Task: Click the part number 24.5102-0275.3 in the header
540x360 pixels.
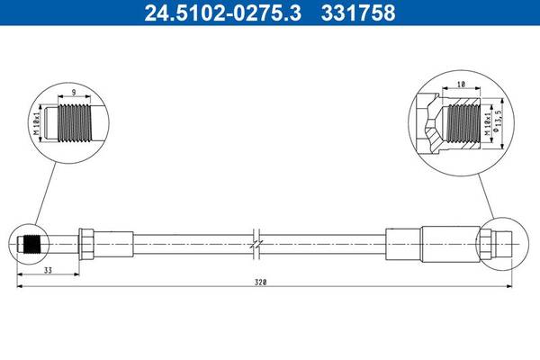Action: click(x=223, y=13)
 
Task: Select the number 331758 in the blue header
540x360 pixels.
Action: click(x=358, y=13)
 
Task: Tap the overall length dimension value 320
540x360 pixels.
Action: click(x=261, y=282)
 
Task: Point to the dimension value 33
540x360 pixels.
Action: click(x=48, y=270)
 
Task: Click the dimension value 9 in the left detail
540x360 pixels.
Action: click(x=74, y=93)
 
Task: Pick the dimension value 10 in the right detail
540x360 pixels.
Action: click(x=461, y=84)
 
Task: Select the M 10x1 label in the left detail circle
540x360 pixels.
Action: click(x=38, y=122)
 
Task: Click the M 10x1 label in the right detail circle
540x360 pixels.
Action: click(x=487, y=123)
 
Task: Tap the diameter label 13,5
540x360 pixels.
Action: click(x=496, y=121)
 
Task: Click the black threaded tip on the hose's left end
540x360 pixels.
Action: click(x=33, y=244)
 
